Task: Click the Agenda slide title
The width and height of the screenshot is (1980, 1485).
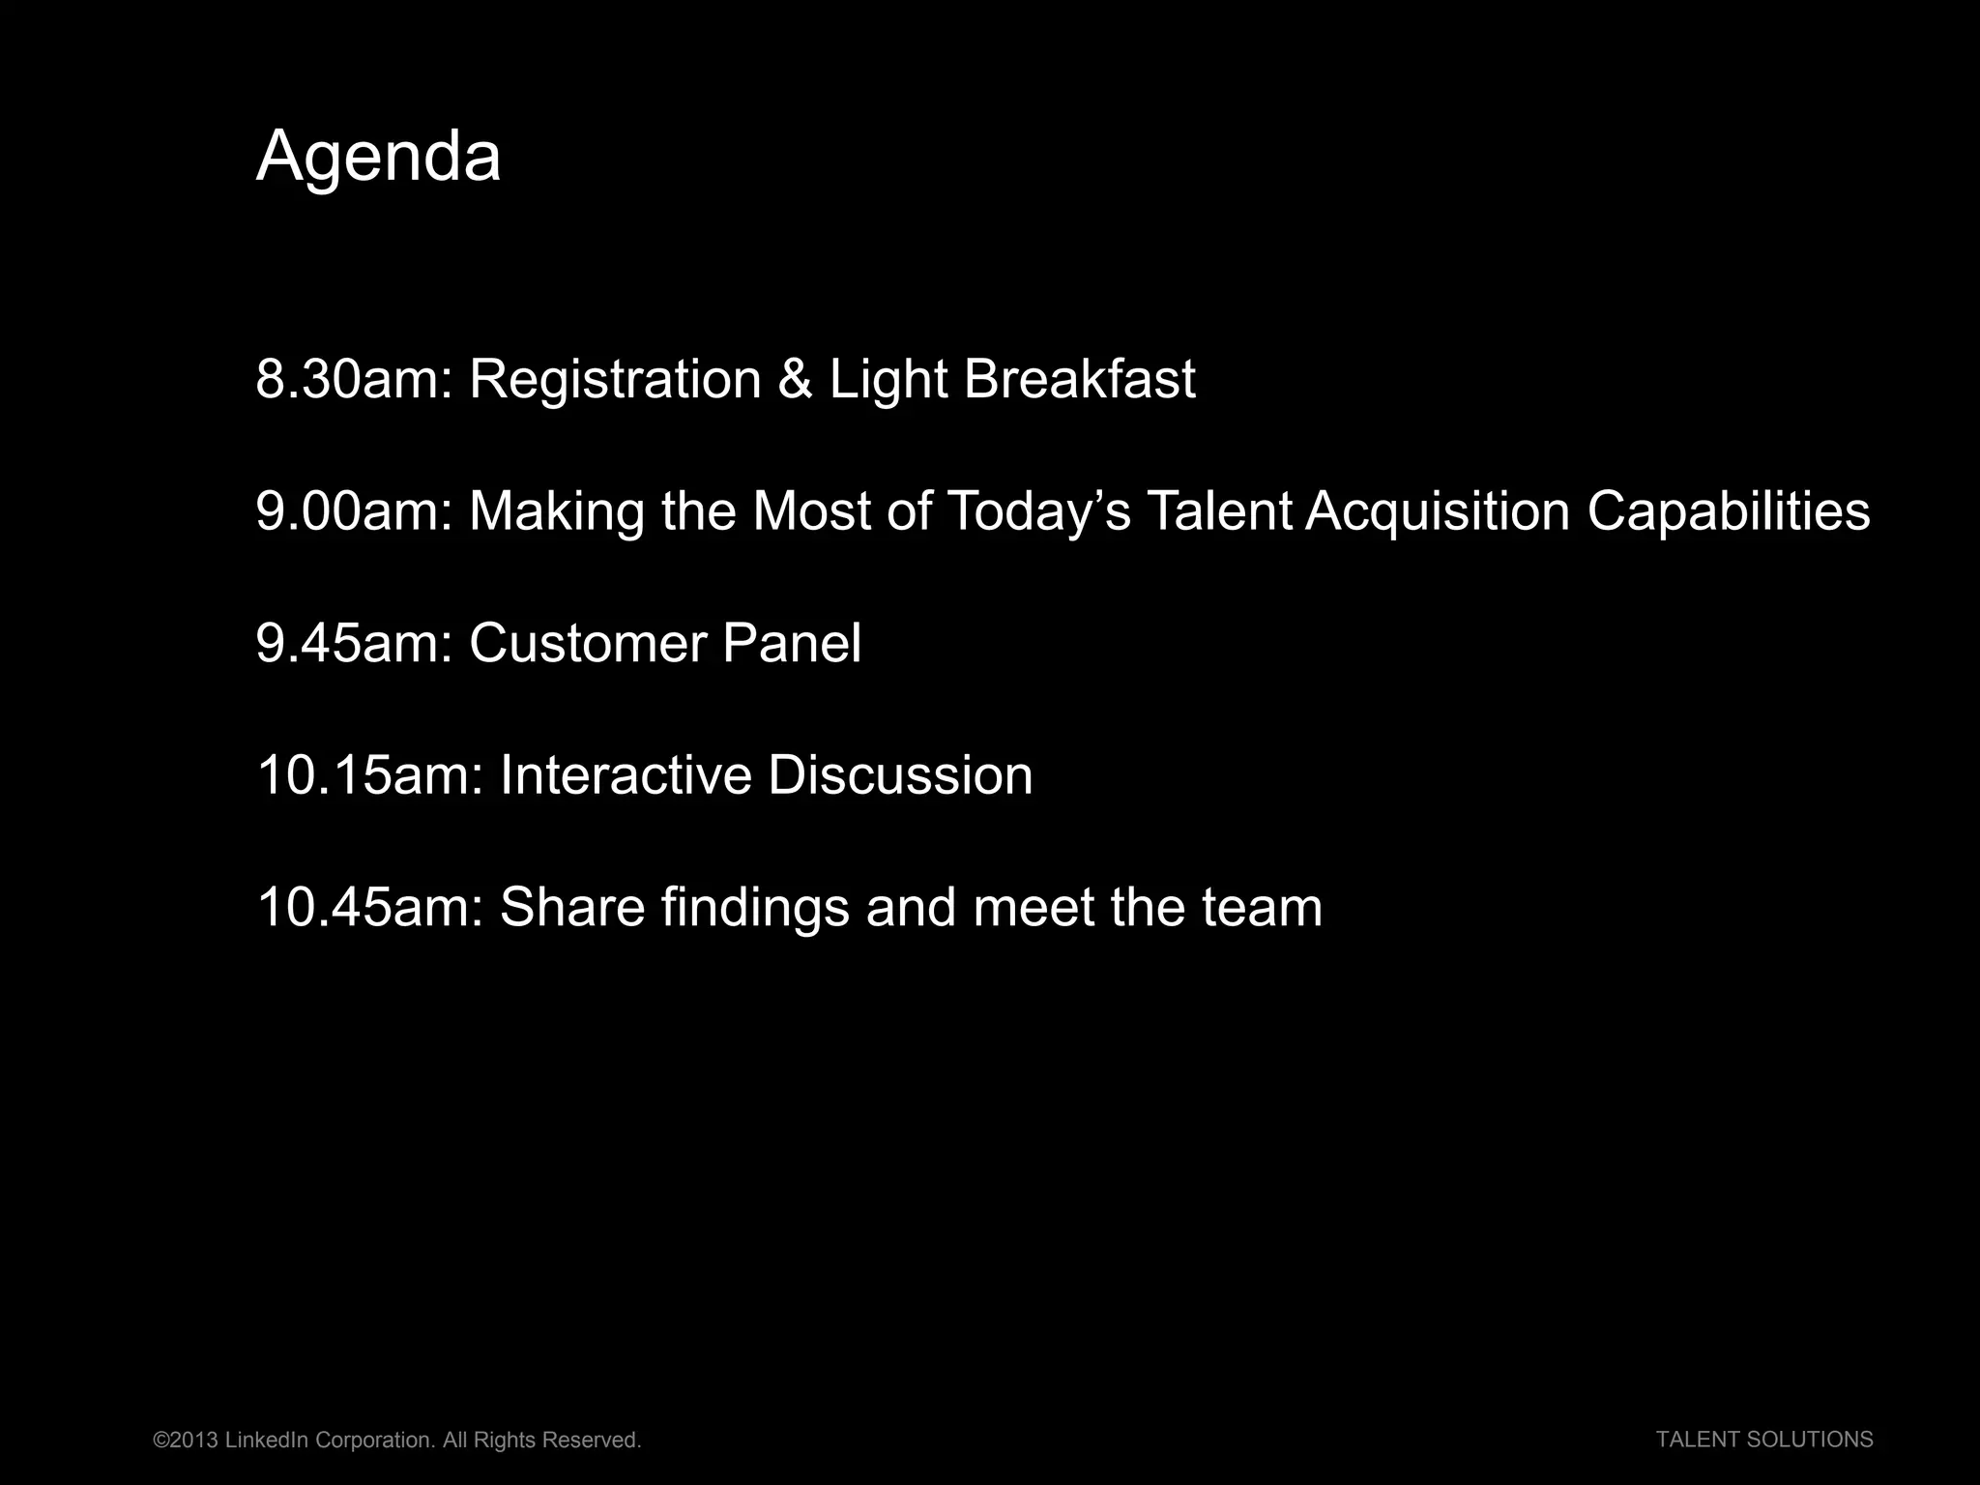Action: coord(378,157)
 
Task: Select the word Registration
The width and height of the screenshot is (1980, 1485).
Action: coord(615,379)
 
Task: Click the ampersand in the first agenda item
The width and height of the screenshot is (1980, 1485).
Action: coord(795,379)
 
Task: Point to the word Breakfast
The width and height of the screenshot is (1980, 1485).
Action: coord(1079,379)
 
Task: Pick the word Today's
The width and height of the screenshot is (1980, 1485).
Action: coord(1038,511)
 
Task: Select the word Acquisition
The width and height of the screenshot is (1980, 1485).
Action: coord(1437,511)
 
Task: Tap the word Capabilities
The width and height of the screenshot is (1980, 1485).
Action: coord(1728,511)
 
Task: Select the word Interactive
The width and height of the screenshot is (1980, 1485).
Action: coord(625,776)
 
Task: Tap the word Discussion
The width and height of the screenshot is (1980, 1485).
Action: coord(900,776)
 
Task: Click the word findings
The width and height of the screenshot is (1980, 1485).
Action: coord(755,909)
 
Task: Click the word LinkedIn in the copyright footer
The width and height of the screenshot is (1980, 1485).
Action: coord(266,1441)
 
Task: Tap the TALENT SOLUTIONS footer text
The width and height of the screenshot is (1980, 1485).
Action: coord(1764,1440)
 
